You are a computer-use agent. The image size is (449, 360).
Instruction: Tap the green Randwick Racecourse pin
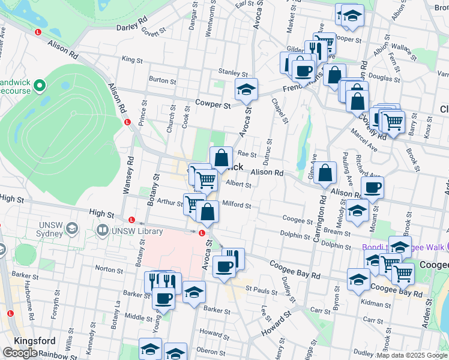coord(41,86)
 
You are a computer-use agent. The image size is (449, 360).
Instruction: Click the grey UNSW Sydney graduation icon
coord(72,229)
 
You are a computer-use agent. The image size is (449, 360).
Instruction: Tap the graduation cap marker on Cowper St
coord(246,90)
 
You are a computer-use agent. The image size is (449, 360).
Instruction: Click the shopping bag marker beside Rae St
coord(221,158)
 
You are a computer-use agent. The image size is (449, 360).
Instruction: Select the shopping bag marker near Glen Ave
coord(325,173)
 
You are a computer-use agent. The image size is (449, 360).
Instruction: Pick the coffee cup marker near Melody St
coord(372,187)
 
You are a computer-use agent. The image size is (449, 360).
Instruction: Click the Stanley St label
coord(229,72)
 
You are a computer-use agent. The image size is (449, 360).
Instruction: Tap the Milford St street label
coord(237,205)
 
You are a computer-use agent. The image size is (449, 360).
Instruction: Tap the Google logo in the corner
coord(20,353)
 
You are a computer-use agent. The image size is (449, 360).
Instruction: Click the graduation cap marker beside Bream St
coord(357,211)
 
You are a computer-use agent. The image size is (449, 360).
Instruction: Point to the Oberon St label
coord(211,351)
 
